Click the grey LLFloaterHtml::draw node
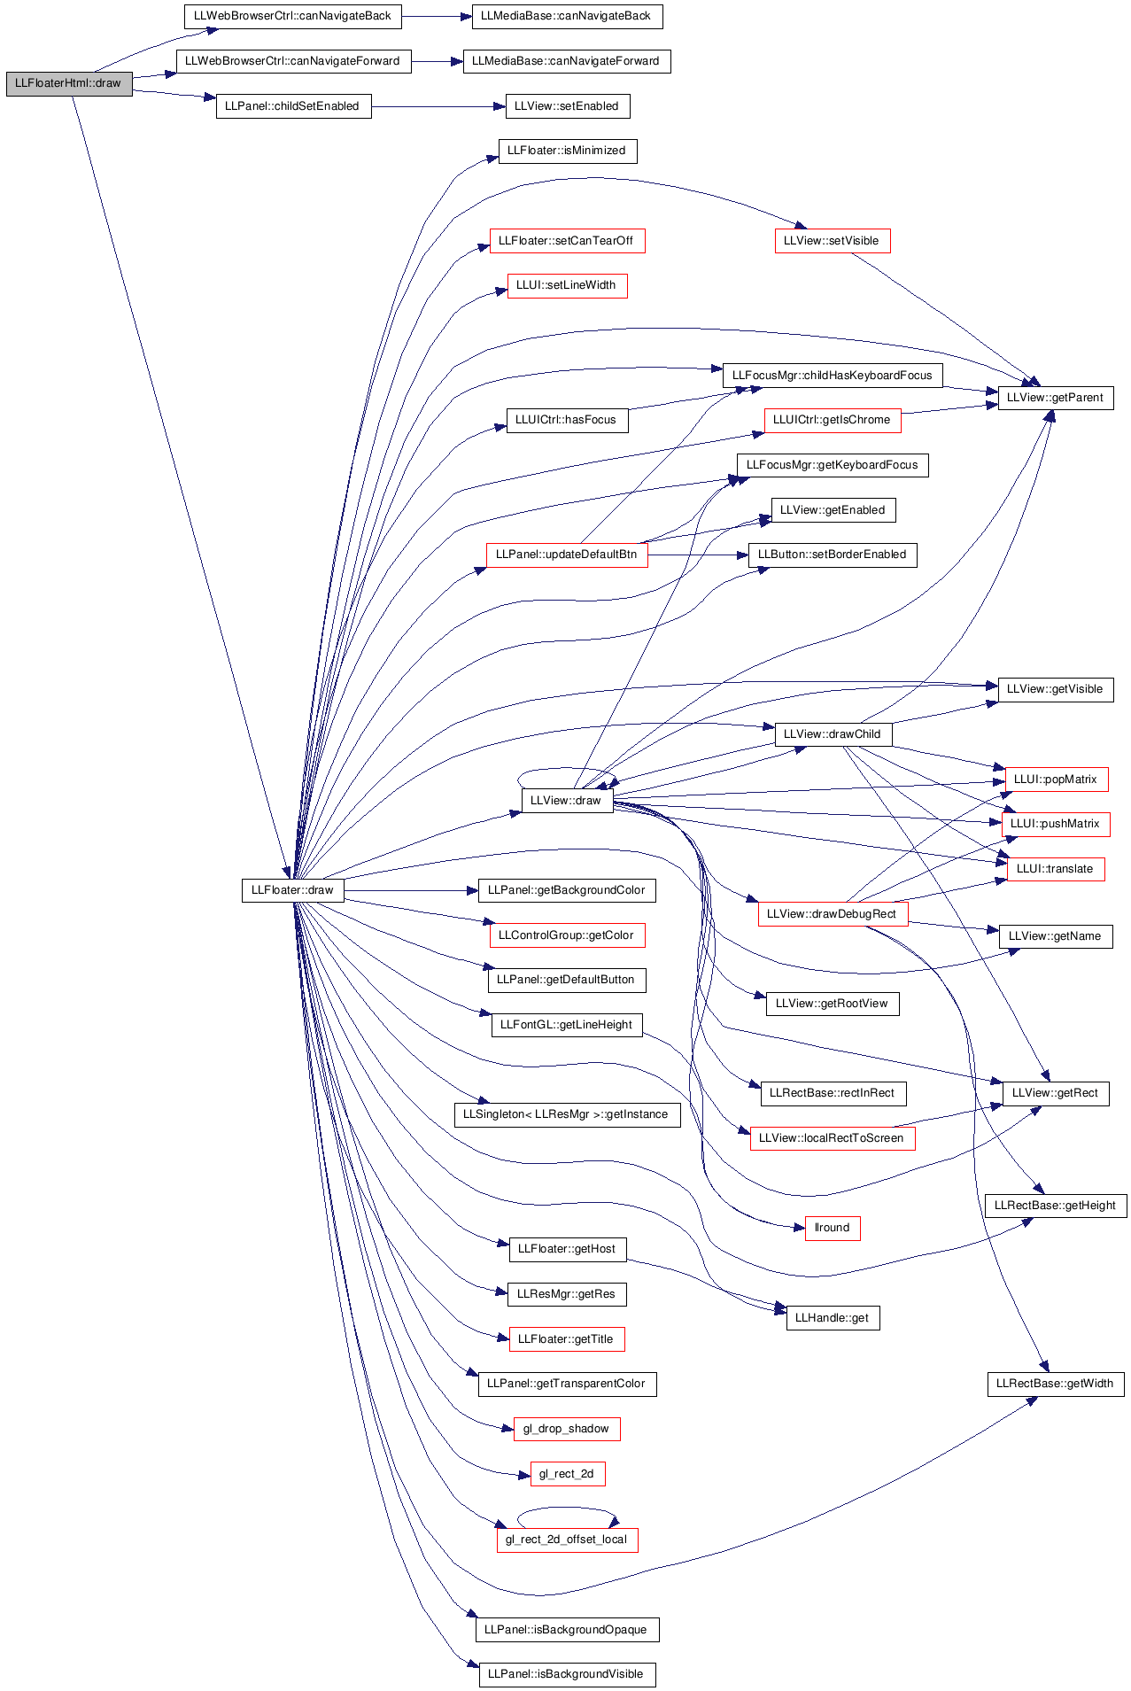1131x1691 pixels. click(x=69, y=83)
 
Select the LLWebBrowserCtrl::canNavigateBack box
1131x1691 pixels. click(x=293, y=16)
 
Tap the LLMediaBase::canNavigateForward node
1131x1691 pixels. click(x=567, y=61)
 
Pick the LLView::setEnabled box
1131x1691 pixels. click(x=567, y=106)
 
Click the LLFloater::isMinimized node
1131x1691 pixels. click(x=568, y=151)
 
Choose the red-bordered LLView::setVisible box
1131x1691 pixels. click(x=833, y=241)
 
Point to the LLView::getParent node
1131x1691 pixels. click(x=1056, y=398)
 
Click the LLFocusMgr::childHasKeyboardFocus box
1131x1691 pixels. click(x=833, y=376)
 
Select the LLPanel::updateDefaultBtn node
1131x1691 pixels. click(x=567, y=555)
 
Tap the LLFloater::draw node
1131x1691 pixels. click(x=292, y=890)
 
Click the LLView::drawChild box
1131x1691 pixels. click(x=833, y=734)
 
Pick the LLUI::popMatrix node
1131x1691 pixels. click(x=1056, y=780)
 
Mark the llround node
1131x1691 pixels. click(x=833, y=1228)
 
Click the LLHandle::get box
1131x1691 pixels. click(x=833, y=1318)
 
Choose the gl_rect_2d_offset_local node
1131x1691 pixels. click(x=567, y=1540)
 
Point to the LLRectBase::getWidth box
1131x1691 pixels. click(x=1056, y=1384)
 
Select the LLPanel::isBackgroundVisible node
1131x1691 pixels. click(x=567, y=1674)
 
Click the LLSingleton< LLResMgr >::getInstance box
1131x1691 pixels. click(x=567, y=1114)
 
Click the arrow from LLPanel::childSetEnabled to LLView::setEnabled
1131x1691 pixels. click(x=438, y=106)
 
